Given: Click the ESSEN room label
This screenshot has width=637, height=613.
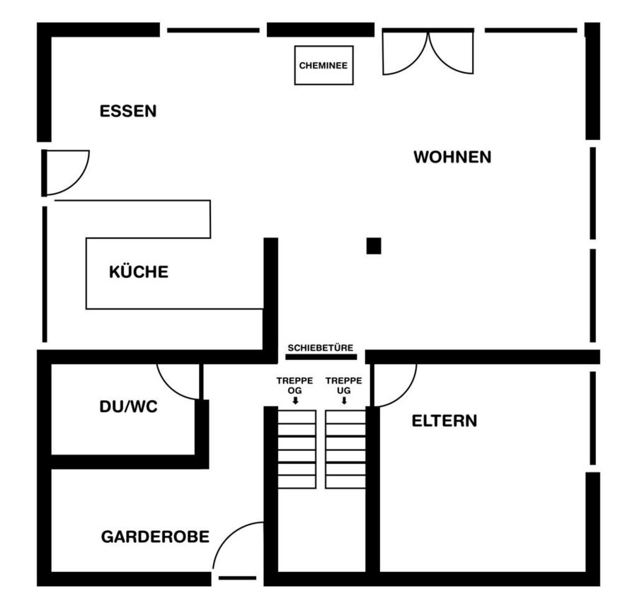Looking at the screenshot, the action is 128,111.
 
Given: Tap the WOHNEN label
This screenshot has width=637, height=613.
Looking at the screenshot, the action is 452,157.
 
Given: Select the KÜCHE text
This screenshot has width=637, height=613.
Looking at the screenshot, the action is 139,271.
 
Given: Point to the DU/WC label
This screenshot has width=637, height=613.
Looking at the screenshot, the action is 128,407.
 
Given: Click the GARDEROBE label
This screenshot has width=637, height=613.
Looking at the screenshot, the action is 155,537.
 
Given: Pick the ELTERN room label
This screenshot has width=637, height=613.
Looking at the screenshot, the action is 444,421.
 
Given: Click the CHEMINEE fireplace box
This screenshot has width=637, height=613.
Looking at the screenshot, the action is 323,65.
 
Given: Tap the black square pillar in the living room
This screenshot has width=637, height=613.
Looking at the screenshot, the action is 374,246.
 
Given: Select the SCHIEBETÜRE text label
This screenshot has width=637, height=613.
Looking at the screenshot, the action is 321,348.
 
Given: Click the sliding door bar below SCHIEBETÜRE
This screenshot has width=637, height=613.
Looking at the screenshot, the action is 321,357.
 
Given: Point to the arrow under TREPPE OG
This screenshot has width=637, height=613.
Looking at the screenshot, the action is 295,400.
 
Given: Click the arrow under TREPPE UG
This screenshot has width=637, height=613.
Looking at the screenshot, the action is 344,400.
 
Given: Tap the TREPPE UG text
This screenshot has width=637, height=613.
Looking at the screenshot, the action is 344,385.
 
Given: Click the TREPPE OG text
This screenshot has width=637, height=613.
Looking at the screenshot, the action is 295,385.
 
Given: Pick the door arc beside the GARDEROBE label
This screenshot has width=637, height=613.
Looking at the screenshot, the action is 226,535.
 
